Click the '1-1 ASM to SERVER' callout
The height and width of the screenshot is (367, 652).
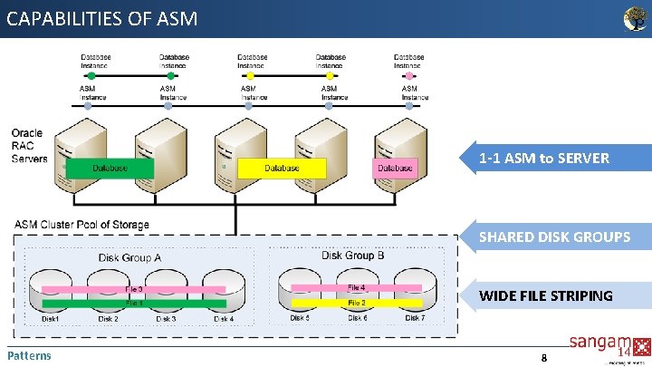click(552, 159)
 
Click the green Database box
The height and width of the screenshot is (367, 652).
click(109, 168)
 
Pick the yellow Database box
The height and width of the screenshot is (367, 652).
click(282, 168)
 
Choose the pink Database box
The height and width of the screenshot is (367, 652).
click(395, 168)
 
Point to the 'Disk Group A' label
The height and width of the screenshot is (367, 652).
click(129, 257)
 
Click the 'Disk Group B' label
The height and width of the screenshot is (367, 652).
click(352, 256)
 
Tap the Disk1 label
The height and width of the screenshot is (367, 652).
click(52, 319)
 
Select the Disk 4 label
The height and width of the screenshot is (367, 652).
click(223, 319)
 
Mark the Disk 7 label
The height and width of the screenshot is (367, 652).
click(415, 318)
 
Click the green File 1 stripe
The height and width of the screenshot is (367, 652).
click(134, 304)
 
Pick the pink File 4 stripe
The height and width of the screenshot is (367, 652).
click(357, 288)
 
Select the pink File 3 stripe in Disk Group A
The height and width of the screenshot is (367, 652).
click(134, 290)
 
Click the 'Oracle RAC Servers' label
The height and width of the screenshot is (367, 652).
click(29, 146)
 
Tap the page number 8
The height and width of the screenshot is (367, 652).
click(543, 358)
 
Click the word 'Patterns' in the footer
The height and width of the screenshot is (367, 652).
click(29, 355)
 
